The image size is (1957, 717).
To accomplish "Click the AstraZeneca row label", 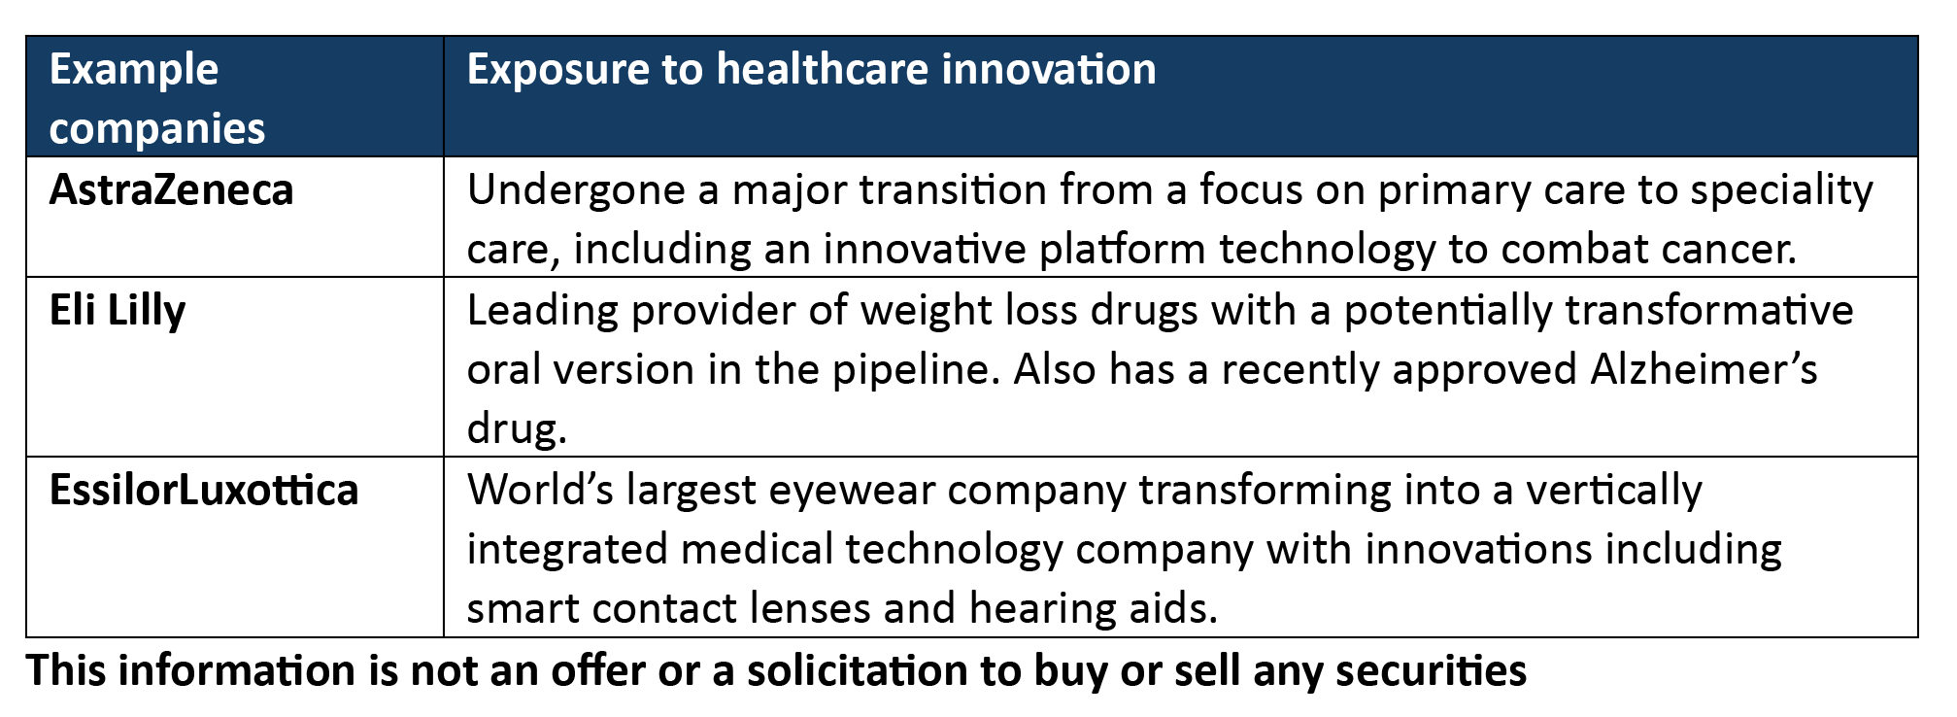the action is tap(171, 189).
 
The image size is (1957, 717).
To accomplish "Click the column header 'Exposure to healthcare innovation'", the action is tap(811, 71).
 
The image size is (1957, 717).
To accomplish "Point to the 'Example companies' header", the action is tap(157, 99).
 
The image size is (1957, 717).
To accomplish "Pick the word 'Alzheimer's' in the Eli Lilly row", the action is tap(1704, 369).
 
